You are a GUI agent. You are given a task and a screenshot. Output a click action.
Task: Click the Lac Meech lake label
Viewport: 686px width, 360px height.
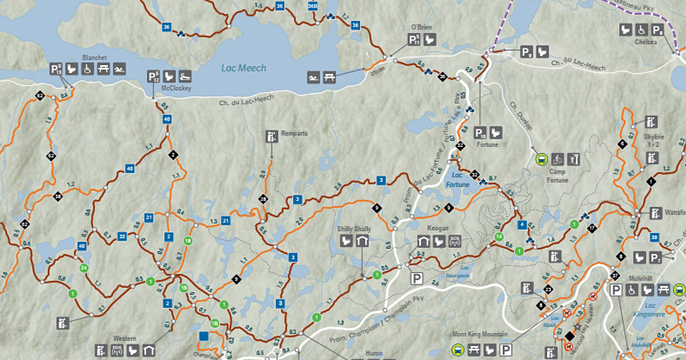[x=244, y=68]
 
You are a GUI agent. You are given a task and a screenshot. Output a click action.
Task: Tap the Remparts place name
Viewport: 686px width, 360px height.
[x=294, y=134]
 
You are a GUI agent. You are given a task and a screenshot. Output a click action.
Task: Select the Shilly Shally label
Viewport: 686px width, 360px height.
[x=354, y=229]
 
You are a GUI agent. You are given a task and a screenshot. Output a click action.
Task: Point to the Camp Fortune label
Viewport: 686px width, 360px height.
[x=558, y=176]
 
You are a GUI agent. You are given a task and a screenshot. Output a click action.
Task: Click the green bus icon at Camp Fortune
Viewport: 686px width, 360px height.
[x=541, y=159]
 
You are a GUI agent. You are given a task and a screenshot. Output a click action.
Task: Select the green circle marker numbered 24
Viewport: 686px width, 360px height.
[x=83, y=268]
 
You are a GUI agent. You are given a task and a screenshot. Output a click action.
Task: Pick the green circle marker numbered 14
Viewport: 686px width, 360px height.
[x=499, y=237]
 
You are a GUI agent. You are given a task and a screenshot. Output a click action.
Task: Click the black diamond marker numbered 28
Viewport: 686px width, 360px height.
[x=263, y=199]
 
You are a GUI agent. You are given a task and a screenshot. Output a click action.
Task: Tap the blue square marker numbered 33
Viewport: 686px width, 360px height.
[x=122, y=236]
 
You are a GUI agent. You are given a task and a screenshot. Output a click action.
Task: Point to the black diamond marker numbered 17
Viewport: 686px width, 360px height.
[x=592, y=229]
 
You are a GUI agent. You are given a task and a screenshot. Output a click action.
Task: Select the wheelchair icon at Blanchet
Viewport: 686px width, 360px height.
[x=87, y=69]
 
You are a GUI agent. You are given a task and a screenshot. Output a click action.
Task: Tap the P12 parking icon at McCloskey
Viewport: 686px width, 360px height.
[x=153, y=77]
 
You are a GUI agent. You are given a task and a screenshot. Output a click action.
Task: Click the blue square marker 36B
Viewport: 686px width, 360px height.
[x=312, y=6]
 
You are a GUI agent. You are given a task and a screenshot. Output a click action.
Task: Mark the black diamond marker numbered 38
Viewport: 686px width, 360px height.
[x=58, y=197]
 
